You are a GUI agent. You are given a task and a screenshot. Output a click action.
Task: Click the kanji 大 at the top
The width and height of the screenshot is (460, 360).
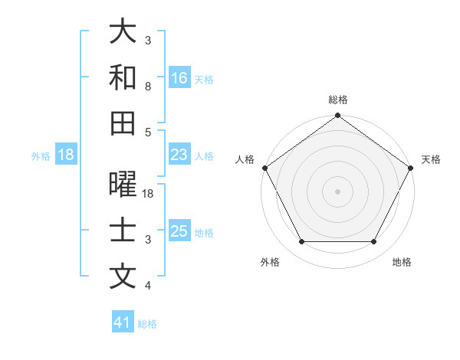123,31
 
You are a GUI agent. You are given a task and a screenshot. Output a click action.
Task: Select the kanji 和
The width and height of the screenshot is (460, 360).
123,77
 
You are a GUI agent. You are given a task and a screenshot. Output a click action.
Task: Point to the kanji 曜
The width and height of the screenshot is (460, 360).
123,185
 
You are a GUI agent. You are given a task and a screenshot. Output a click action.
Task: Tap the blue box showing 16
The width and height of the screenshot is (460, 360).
179,78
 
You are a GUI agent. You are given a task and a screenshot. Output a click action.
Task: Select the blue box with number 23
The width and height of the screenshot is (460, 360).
179,155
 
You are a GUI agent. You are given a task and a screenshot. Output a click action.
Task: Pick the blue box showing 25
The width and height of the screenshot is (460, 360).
179,231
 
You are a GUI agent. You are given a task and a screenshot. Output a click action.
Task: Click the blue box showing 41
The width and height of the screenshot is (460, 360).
123,323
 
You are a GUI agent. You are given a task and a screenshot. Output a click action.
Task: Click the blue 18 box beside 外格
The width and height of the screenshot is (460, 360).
66,155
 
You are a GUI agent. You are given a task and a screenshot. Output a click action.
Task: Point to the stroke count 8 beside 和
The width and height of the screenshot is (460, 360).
148,87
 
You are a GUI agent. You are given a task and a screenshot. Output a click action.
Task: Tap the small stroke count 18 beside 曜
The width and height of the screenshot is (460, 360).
149,195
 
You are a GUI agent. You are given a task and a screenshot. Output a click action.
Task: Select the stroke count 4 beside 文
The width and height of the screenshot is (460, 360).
148,286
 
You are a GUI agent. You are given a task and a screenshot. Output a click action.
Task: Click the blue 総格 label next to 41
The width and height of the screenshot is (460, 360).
147,324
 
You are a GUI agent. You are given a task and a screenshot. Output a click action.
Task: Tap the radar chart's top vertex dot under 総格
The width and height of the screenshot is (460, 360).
337,116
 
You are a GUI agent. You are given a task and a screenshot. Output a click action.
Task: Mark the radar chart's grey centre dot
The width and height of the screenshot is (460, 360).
337,191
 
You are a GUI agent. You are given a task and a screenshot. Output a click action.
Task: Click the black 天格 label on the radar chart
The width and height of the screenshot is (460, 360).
431,159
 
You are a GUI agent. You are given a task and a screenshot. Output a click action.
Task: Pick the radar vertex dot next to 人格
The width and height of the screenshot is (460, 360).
265,168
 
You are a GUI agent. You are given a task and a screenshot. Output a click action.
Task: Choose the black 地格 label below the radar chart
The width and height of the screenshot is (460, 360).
402,262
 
